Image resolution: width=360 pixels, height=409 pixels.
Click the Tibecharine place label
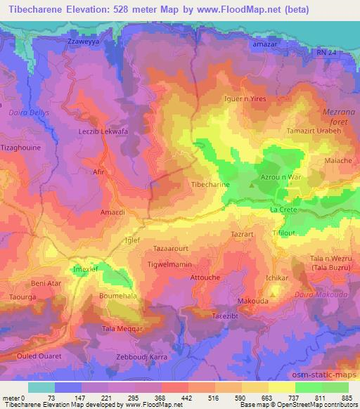pos(211,184)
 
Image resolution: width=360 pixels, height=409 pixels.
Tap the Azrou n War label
pos(281,177)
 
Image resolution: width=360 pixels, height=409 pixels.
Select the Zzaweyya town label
pos(80,41)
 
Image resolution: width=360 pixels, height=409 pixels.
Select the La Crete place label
pos(284,210)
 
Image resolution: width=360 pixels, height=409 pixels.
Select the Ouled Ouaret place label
pos(32,357)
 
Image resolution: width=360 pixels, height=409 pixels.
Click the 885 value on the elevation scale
pos(347,398)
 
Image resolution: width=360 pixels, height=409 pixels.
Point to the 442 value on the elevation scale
pos(188,398)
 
